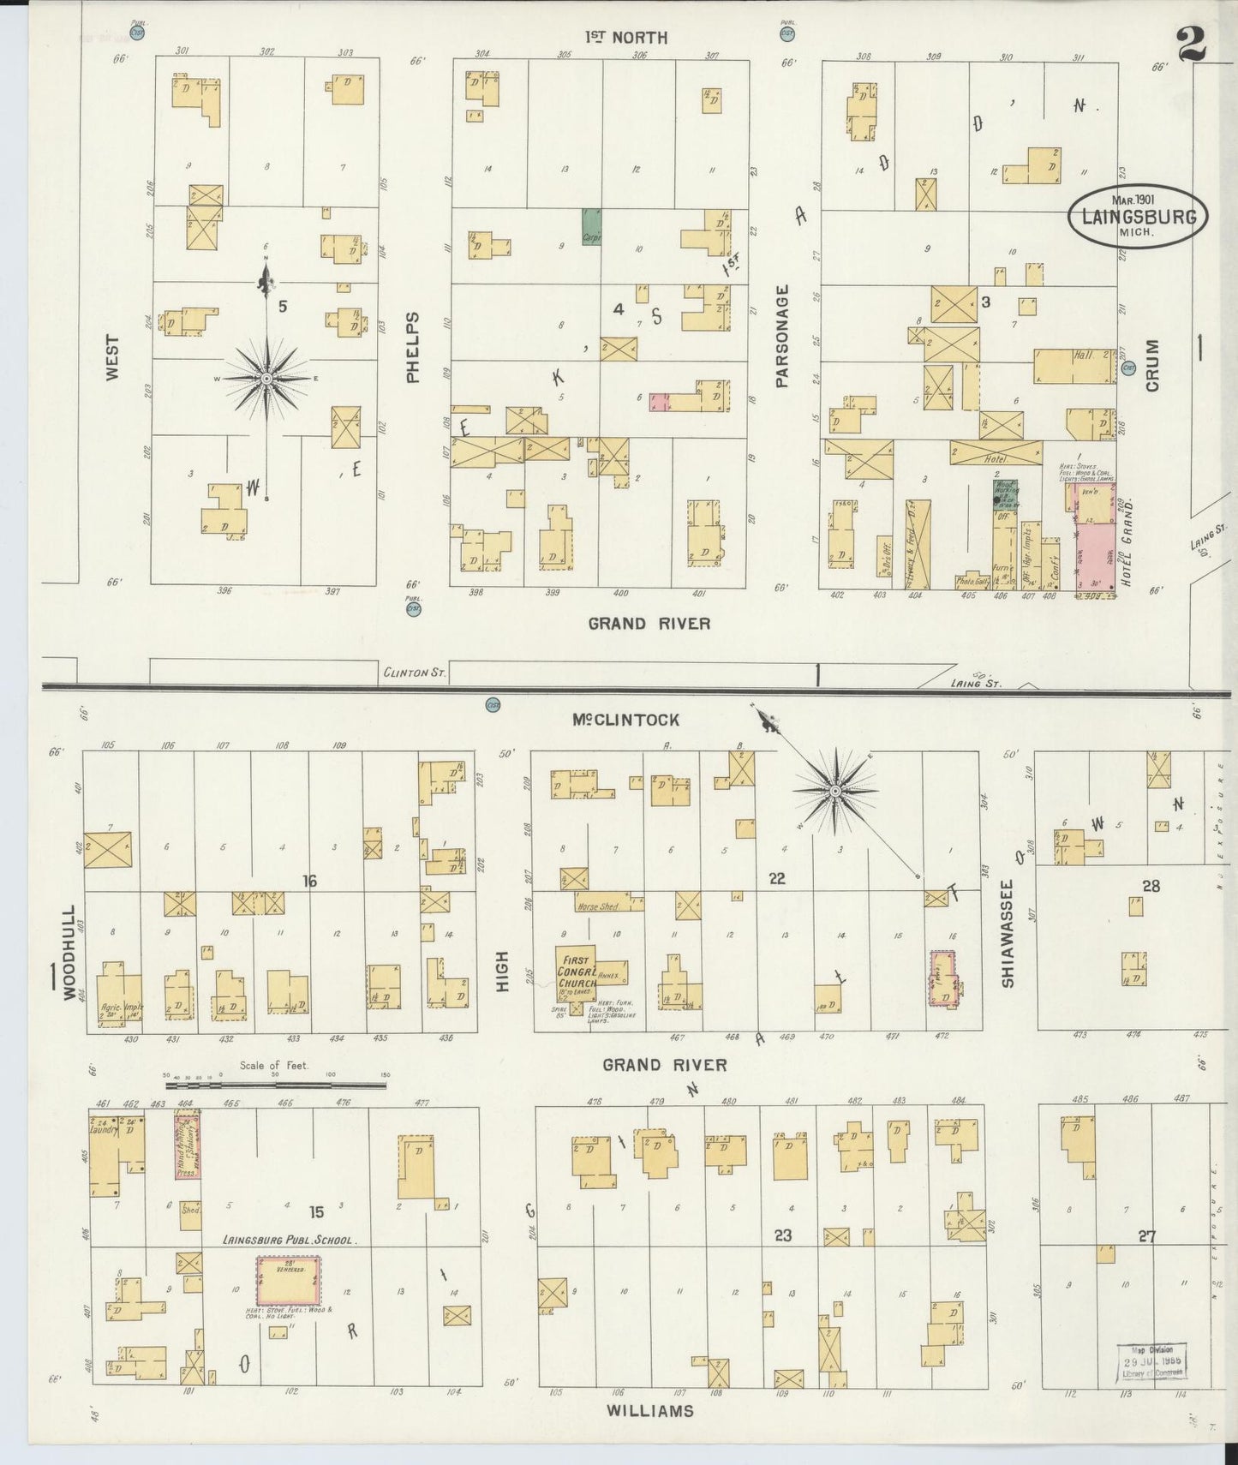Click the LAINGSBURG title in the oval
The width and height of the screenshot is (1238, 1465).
[x=1138, y=217]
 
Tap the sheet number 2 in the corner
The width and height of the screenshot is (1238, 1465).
[x=1190, y=45]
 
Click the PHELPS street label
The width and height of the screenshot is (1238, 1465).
[x=414, y=348]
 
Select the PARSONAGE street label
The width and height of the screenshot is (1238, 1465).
[x=781, y=337]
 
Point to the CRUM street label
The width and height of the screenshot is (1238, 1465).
[x=1151, y=366]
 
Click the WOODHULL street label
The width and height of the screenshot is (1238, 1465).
[x=69, y=952]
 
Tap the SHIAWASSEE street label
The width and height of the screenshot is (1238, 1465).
[x=1008, y=934]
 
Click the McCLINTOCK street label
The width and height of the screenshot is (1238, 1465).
[x=626, y=721]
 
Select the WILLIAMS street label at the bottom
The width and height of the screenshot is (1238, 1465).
[x=649, y=1411]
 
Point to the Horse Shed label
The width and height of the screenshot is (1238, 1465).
[x=597, y=905]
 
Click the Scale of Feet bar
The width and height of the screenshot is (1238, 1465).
[x=274, y=1085]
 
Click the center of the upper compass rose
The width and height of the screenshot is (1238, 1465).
[x=266, y=378]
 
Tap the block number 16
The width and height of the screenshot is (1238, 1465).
[x=309, y=880]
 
